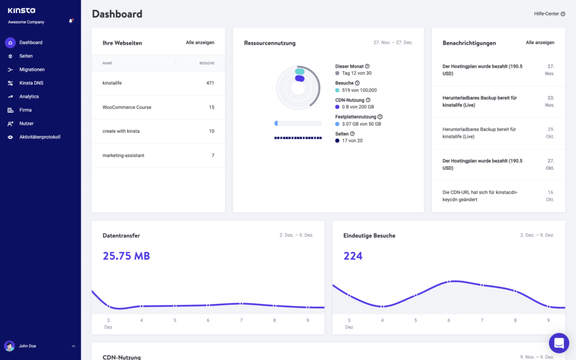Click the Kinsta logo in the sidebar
coord(21,10)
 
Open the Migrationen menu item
coord(31,70)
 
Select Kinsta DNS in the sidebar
coord(31,83)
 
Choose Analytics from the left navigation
coord(29,97)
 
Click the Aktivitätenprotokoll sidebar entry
coord(39,137)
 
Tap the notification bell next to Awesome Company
coord(71,21)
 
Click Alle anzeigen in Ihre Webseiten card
coord(200,43)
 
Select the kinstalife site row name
coord(112,83)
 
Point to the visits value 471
coord(210,83)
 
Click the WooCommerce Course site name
coord(127,107)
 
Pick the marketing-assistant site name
coord(123,155)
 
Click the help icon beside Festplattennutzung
coord(380,117)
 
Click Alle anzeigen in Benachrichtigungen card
coord(540,43)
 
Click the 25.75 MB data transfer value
coord(126,256)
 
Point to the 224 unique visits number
coord(353,256)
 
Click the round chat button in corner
coord(559,343)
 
